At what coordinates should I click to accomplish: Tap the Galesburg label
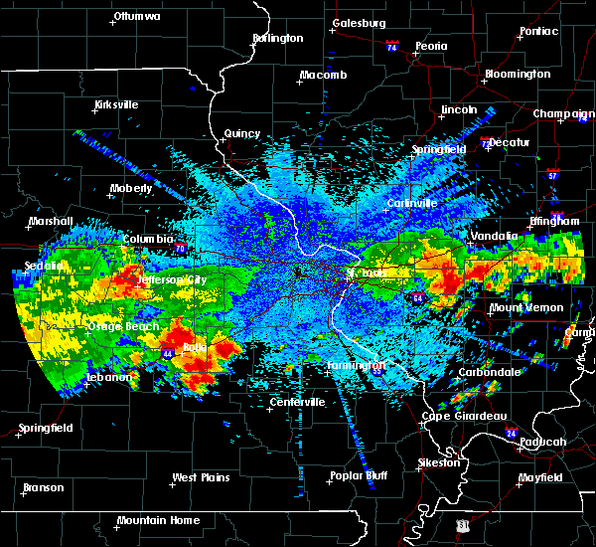pos(359,23)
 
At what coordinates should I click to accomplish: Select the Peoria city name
pos(431,46)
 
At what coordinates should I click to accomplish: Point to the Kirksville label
pos(116,104)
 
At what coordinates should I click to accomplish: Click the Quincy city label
pos(242,133)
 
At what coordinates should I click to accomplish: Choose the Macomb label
pos(323,76)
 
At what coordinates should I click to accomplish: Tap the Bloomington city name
pos(518,75)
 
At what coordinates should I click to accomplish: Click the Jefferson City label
pos(172,280)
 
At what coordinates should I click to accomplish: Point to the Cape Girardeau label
pos(465,416)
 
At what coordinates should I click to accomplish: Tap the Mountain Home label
pos(158,520)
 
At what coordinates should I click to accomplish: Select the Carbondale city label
pos(488,372)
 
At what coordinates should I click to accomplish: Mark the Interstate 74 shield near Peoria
pos(392,47)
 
